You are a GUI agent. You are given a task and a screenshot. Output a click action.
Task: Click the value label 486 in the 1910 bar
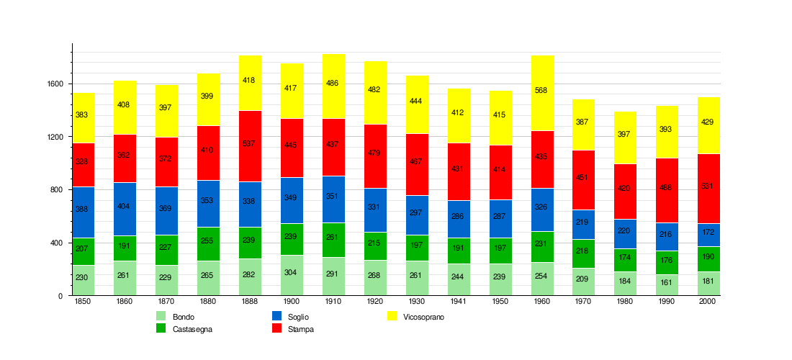click(333, 84)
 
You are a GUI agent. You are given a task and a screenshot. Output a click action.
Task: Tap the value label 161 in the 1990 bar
click(667, 282)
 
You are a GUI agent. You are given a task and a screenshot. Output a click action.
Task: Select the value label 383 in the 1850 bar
click(82, 115)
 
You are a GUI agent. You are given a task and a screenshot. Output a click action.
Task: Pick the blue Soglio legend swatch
click(276, 316)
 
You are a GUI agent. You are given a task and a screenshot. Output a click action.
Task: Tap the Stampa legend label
click(301, 329)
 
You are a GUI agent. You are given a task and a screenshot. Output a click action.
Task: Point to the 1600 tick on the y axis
click(55, 84)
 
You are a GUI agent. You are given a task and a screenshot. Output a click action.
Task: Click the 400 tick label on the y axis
click(58, 243)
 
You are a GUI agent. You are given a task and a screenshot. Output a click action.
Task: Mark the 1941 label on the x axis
click(459, 302)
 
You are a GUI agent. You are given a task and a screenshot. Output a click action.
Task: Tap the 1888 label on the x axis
click(250, 302)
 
